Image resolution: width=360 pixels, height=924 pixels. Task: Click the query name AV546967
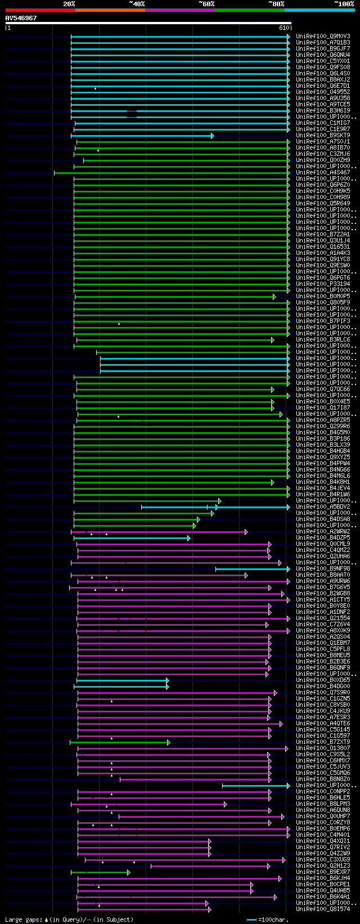21,18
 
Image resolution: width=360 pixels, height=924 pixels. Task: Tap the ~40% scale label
136,3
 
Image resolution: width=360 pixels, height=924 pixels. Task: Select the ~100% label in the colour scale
343,3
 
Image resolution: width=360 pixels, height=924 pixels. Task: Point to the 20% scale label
69,3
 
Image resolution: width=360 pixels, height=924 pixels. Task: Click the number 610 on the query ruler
283,27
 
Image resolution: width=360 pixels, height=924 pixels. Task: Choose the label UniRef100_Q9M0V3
322,37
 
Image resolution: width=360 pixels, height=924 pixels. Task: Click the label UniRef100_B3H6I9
322,111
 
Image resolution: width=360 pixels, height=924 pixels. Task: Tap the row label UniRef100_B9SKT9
322,136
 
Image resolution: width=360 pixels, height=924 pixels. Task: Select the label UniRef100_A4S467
322,173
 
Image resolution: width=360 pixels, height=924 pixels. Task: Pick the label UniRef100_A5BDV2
322,507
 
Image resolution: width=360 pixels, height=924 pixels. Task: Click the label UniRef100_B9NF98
322,569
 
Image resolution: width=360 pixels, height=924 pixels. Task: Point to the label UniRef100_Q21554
322,618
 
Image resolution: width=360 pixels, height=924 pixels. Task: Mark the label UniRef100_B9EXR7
322,872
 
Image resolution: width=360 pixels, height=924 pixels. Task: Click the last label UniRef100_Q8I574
322,909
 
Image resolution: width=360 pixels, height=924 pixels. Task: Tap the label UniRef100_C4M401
322,835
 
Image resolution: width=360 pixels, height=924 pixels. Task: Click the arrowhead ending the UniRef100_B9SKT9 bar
212,136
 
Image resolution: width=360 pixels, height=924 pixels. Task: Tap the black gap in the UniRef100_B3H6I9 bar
132,113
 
